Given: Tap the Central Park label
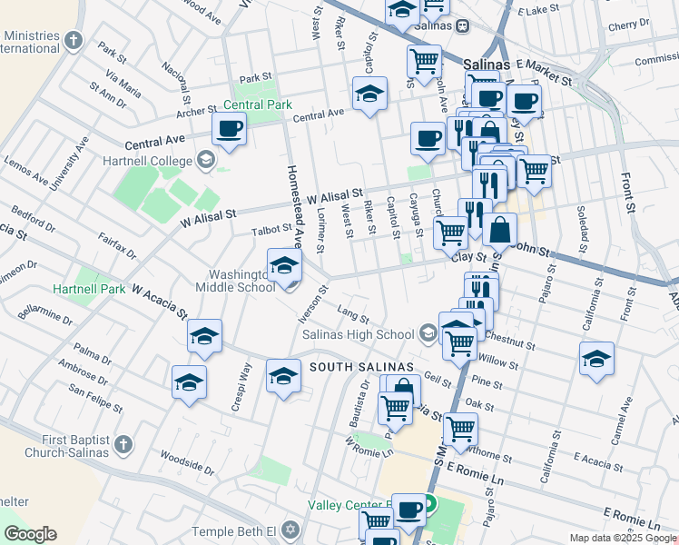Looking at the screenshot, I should [259, 104].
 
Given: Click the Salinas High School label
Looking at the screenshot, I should [358, 334].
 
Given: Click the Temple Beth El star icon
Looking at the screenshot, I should [290, 529].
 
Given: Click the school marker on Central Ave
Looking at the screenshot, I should [369, 94].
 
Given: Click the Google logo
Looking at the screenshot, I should [29, 534].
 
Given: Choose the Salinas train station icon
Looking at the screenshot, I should [463, 26].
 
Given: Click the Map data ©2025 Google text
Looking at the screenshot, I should [622, 538].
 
